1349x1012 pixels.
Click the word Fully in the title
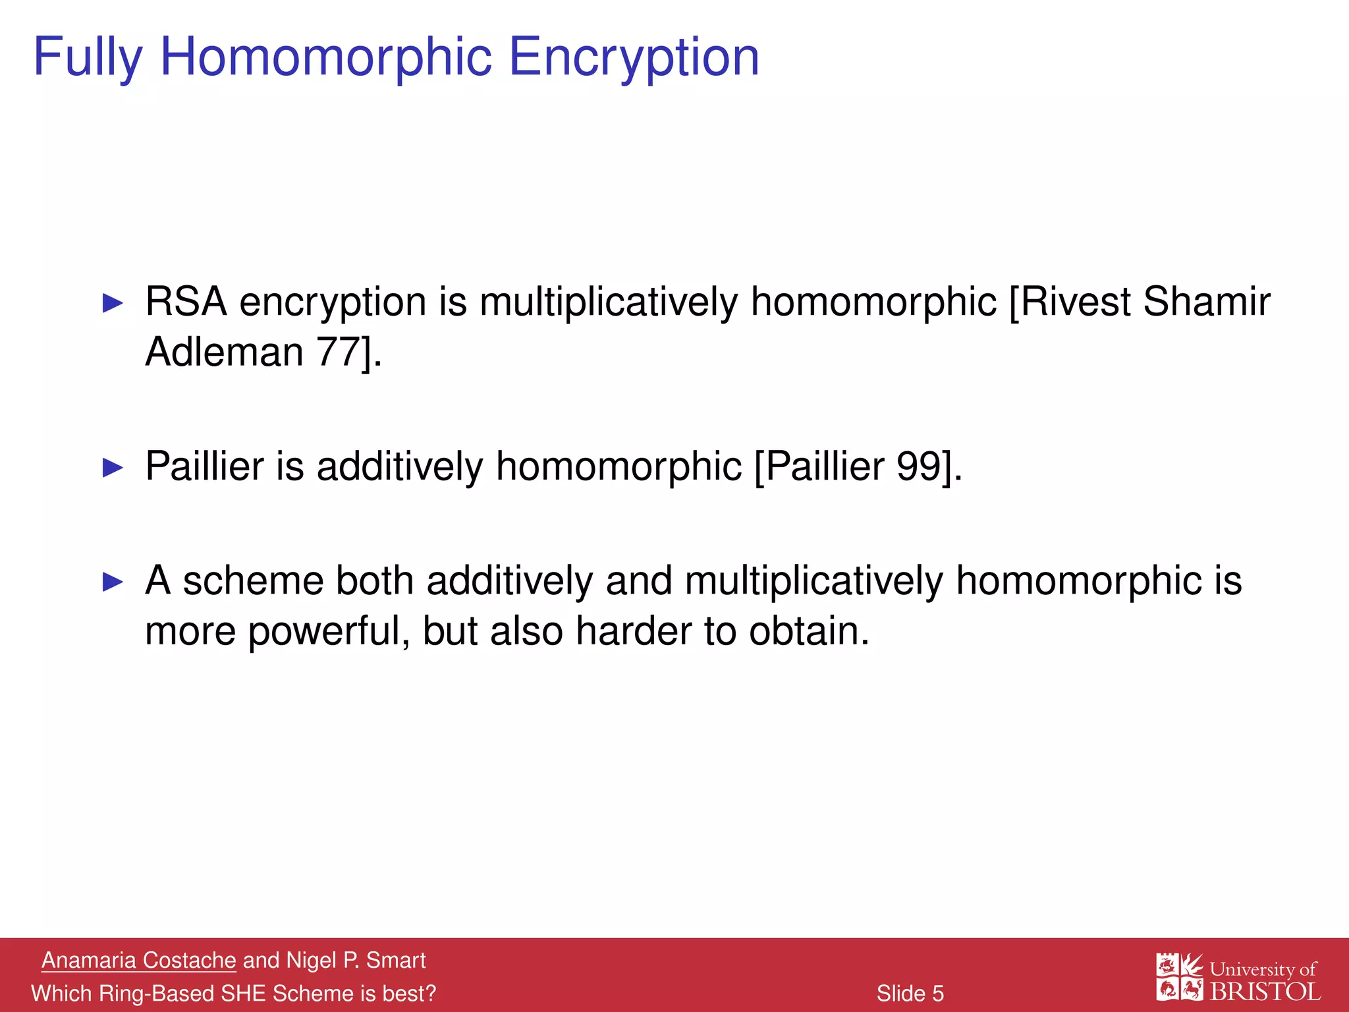pyautogui.click(x=88, y=58)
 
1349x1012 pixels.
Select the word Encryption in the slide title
pyautogui.click(x=634, y=58)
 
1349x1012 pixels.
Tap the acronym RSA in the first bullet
pyautogui.click(x=186, y=302)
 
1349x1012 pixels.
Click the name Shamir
pyautogui.click(x=1207, y=302)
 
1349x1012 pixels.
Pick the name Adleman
pyautogui.click(x=224, y=352)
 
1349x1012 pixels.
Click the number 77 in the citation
pyautogui.click(x=339, y=352)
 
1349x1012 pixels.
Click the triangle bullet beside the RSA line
pyautogui.click(x=113, y=304)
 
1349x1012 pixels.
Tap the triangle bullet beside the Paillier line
pyautogui.click(x=113, y=468)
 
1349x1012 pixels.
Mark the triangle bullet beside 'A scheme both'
pyautogui.click(x=113, y=582)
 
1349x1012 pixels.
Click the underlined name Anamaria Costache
pyautogui.click(x=138, y=961)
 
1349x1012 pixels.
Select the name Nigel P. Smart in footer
pyautogui.click(x=356, y=961)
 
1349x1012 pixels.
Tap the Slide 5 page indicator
pyautogui.click(x=910, y=994)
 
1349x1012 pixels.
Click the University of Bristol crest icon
pyautogui.click(x=1180, y=976)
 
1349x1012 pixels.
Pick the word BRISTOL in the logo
pyautogui.click(x=1265, y=992)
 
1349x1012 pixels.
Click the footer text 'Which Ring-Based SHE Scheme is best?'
pyautogui.click(x=234, y=994)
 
